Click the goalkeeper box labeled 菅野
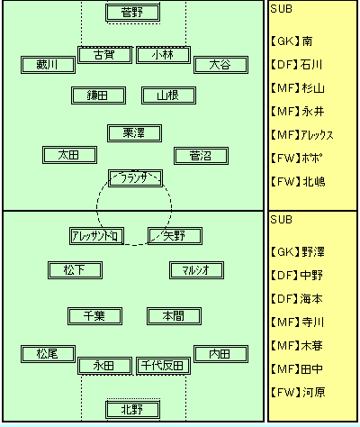click(x=132, y=13)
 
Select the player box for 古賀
click(x=104, y=55)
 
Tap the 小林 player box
click(x=163, y=55)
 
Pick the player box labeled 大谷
click(x=220, y=65)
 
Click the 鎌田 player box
click(x=98, y=95)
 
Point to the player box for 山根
click(x=168, y=95)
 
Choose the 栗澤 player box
click(x=134, y=133)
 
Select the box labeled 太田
click(x=69, y=155)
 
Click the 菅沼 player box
click(x=201, y=156)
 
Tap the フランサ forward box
click(x=135, y=178)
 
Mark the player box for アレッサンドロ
click(x=96, y=236)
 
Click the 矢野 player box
click(x=175, y=236)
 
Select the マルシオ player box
click(x=196, y=270)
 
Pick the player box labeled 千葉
click(x=94, y=316)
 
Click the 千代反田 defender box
click(x=163, y=366)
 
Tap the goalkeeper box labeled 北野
click(x=132, y=410)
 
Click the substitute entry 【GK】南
click(x=292, y=41)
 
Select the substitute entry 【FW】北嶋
click(x=298, y=182)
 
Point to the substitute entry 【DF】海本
click(x=297, y=299)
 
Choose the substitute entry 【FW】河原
click(x=298, y=393)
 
